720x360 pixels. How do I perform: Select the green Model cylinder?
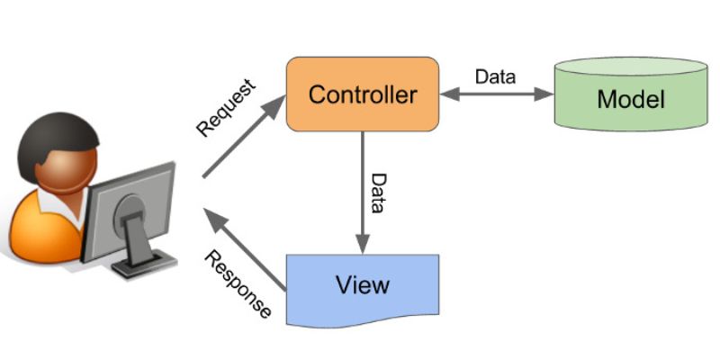click(629, 97)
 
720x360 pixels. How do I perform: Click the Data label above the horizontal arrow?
click(495, 76)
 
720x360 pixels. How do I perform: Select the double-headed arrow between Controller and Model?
click(494, 94)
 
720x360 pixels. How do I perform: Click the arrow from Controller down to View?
click(363, 189)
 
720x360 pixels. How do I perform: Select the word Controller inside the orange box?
click(363, 94)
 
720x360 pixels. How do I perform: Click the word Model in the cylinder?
click(630, 99)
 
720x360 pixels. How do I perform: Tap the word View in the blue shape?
click(363, 285)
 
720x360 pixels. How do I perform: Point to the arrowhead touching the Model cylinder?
click(544, 94)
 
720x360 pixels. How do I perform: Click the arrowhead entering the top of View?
click(363, 245)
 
